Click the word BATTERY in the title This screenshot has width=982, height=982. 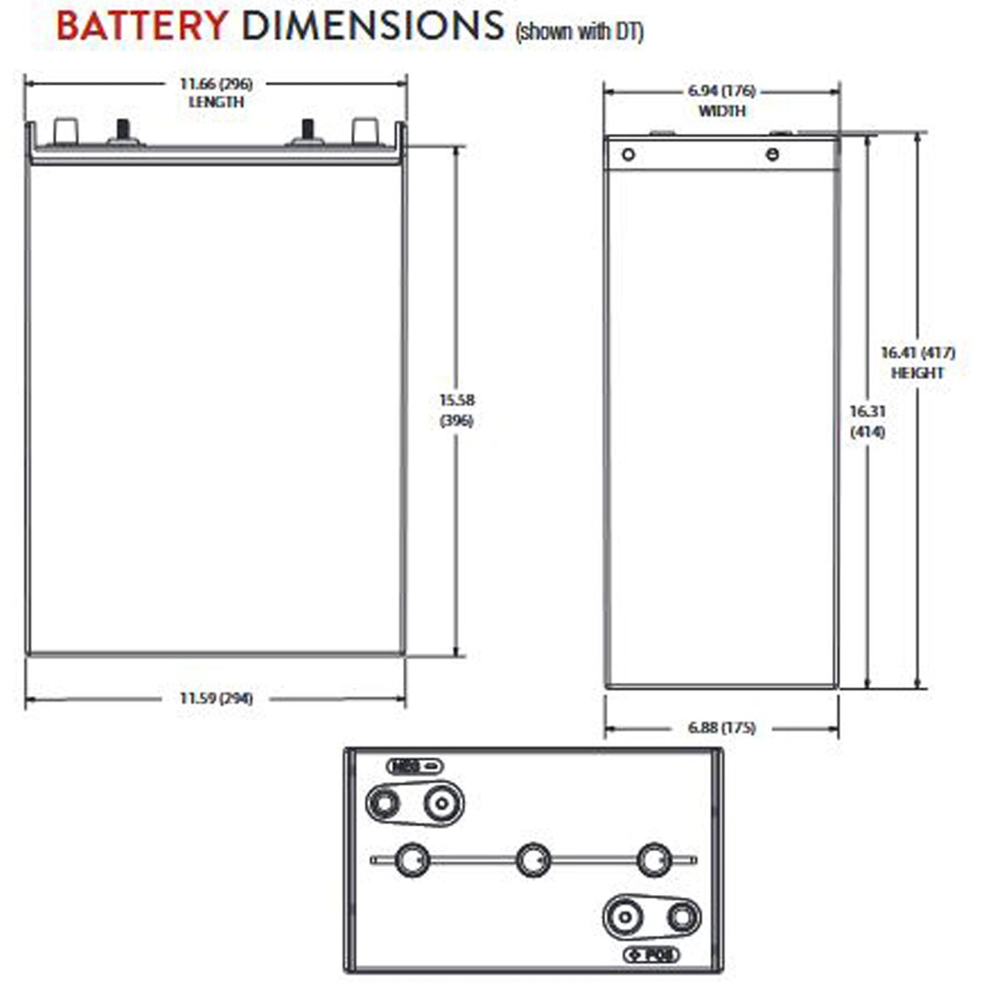[142, 26]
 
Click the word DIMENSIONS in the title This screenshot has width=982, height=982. [373, 26]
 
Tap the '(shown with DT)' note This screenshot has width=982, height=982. [579, 31]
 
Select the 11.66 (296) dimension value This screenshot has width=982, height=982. [216, 84]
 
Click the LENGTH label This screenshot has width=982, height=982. [216, 102]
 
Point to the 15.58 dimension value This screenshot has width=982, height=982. [457, 400]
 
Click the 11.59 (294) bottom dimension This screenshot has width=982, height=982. [216, 699]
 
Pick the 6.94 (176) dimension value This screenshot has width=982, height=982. [721, 91]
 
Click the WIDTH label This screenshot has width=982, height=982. [721, 111]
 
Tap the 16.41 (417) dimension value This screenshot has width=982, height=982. [918, 353]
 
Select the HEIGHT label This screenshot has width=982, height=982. [918, 373]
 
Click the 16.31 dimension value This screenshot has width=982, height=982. [867, 412]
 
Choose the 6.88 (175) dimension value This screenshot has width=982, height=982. [721, 728]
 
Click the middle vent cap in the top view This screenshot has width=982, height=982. [534, 860]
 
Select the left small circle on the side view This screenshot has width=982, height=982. [628, 155]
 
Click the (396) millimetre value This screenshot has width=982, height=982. [457, 420]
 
